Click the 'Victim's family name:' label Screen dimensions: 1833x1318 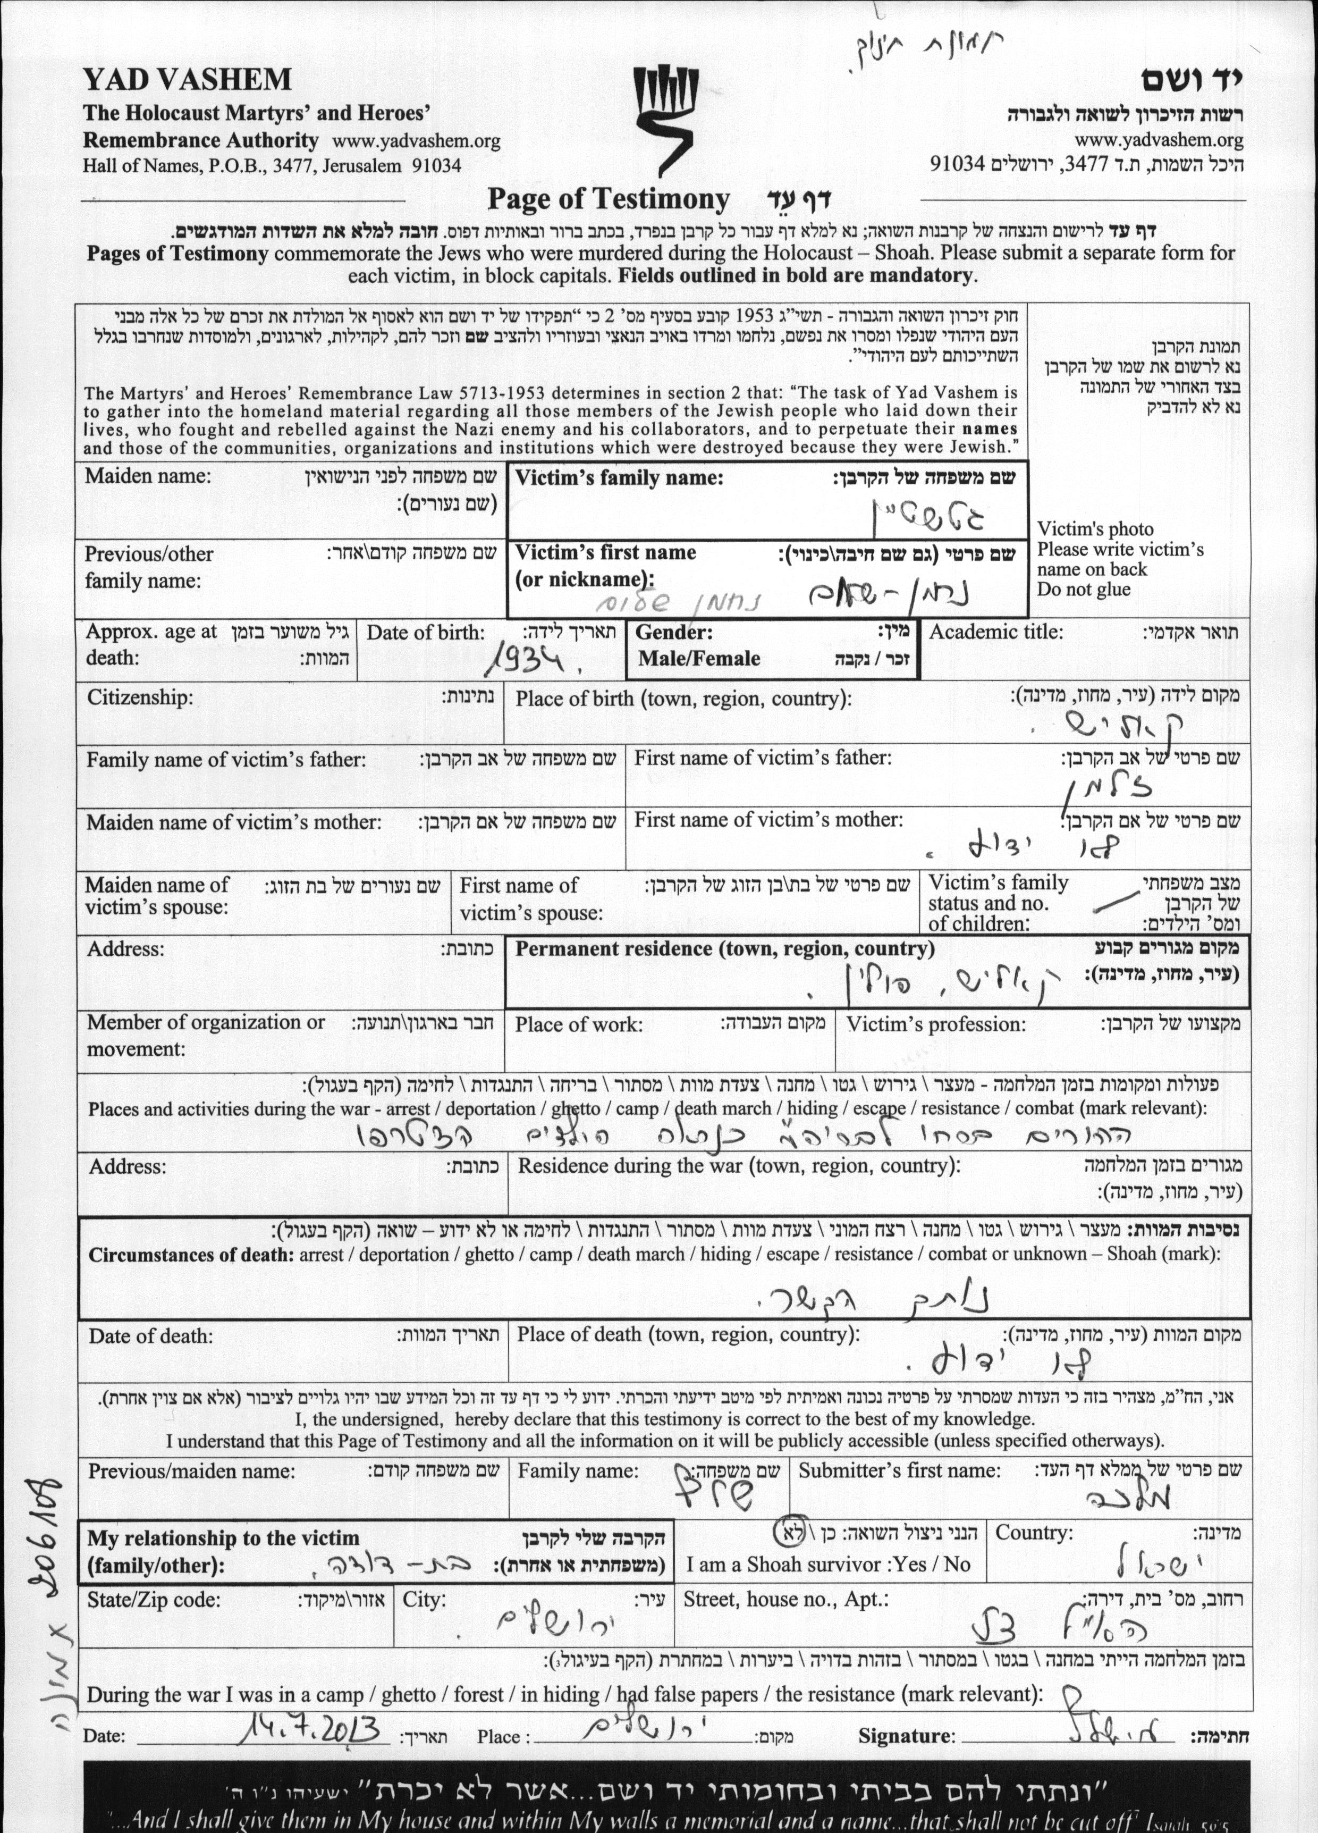(619, 477)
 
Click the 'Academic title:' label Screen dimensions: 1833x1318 (995, 632)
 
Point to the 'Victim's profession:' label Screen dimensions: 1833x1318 (936, 1025)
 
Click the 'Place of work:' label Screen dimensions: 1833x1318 (579, 1025)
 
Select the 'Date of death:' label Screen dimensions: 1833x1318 (151, 1336)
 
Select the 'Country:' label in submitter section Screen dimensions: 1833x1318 (1034, 1532)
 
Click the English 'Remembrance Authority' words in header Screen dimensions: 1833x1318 (201, 140)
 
